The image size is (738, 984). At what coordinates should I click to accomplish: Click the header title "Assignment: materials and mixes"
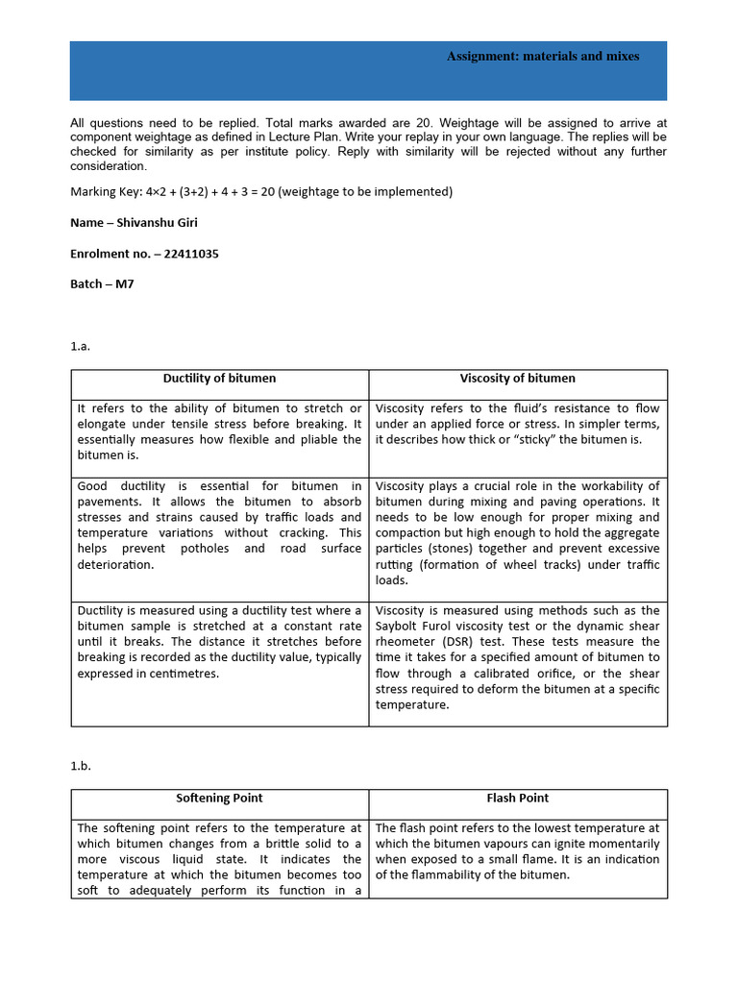tap(543, 57)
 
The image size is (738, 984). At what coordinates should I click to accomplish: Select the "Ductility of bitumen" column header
tap(219, 379)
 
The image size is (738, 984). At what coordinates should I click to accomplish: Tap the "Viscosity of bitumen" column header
tap(517, 379)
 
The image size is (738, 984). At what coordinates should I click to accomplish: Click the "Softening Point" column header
tap(219, 799)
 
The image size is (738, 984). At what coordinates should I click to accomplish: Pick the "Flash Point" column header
tap(517, 799)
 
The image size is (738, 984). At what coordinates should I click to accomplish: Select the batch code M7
tap(125, 285)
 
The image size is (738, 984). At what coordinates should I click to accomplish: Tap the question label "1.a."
tap(81, 347)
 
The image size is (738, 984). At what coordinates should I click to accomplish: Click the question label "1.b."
tap(81, 767)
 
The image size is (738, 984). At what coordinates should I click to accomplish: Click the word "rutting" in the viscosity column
tap(395, 565)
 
